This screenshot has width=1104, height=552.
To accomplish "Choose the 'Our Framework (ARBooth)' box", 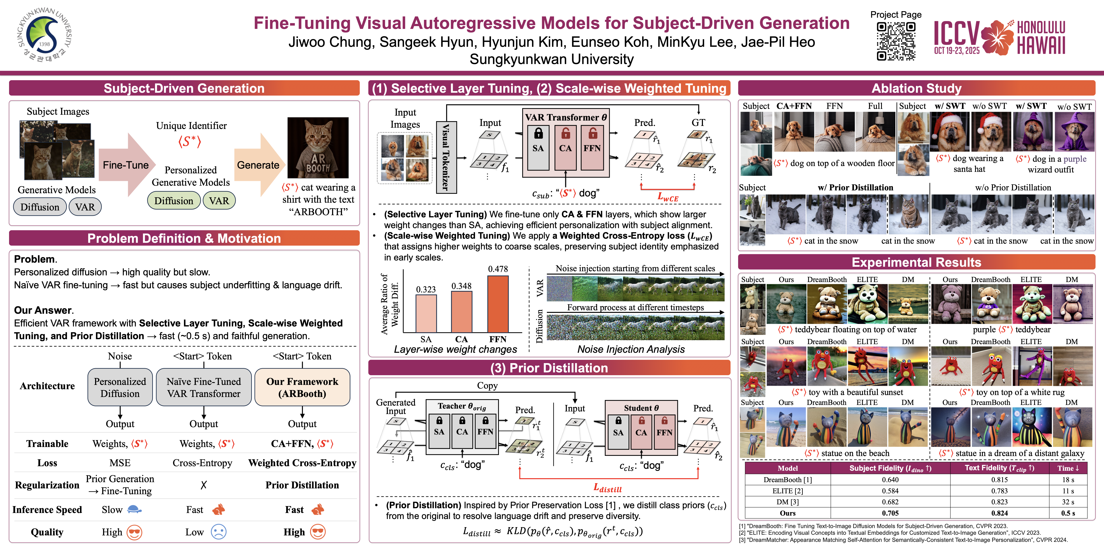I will (x=302, y=387).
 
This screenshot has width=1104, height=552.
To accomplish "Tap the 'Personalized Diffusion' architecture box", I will (x=120, y=387).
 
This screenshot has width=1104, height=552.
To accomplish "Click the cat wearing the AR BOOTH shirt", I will (x=318, y=148).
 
